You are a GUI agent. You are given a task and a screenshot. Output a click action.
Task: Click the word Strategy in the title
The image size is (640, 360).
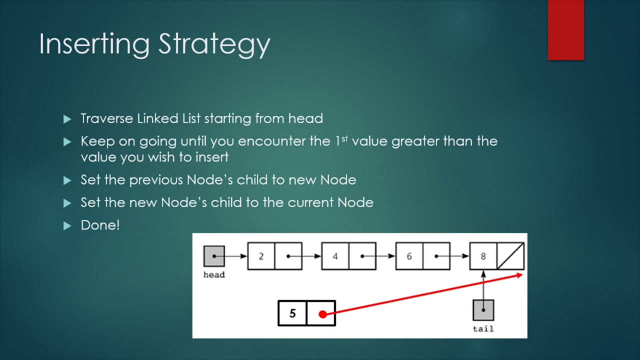tap(214, 44)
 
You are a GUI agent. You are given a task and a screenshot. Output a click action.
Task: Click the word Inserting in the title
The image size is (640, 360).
tap(94, 44)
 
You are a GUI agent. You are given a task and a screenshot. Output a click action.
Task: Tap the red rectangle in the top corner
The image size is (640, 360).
tap(565, 30)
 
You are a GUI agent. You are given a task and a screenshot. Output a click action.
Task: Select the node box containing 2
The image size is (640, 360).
tap(261, 256)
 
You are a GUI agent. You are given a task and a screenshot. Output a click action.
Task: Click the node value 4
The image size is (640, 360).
tap(335, 256)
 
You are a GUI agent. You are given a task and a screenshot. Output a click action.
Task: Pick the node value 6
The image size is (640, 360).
tap(409, 256)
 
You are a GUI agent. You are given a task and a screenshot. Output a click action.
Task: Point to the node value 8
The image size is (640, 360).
tap(483, 256)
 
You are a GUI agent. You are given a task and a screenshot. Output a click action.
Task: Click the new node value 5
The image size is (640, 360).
tap(292, 313)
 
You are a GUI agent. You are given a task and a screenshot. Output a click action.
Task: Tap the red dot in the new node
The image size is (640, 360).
tap(322, 314)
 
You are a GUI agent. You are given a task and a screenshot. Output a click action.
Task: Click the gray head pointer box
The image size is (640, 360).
tap(214, 256)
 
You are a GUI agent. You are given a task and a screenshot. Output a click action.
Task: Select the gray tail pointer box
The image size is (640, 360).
tap(483, 310)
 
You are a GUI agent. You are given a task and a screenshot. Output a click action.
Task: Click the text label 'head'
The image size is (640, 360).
tap(214, 275)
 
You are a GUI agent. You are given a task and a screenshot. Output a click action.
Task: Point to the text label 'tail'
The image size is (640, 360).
tap(483, 328)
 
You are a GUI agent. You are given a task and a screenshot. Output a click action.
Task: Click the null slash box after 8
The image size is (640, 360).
tap(510, 256)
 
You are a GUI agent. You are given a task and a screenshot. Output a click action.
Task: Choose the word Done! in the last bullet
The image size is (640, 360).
tap(100, 225)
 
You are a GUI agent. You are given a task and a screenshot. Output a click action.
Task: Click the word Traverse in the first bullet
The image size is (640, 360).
tap(107, 118)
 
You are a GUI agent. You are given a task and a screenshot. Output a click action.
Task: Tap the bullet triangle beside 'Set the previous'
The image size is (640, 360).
tap(67, 180)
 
